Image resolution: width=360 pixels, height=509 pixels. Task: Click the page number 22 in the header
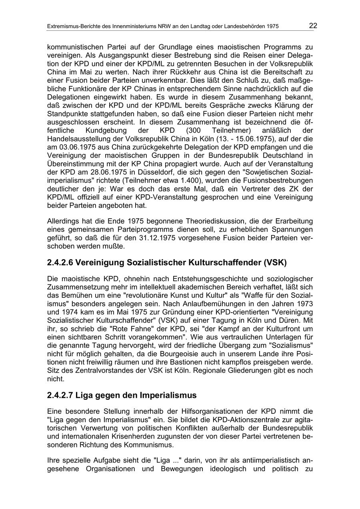[x=313, y=26]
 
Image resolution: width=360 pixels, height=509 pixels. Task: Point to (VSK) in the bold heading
[x=275, y=263]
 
